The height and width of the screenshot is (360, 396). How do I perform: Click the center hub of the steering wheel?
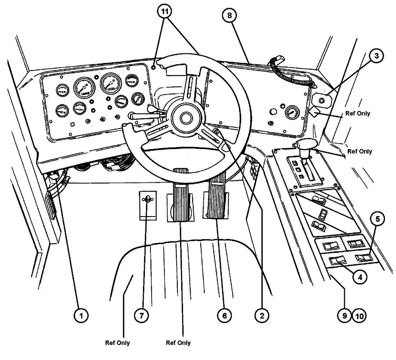[185, 118]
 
